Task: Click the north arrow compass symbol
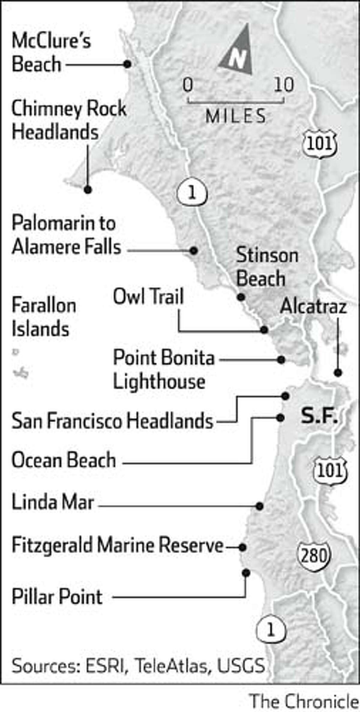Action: pos(237,51)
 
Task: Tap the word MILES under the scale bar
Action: pos(235,116)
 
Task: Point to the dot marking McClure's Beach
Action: pos(127,64)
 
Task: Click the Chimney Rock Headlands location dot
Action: pos(88,190)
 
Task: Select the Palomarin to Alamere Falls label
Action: pos(66,236)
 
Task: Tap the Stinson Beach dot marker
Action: pos(241,297)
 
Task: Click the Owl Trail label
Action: pos(148,297)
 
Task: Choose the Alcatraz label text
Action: pos(313,307)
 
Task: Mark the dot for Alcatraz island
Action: pos(338,373)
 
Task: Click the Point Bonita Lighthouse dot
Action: pos(281,360)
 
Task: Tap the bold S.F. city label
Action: pos(319,417)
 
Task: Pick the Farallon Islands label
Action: pos(43,317)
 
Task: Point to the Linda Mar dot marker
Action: pos(259,506)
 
